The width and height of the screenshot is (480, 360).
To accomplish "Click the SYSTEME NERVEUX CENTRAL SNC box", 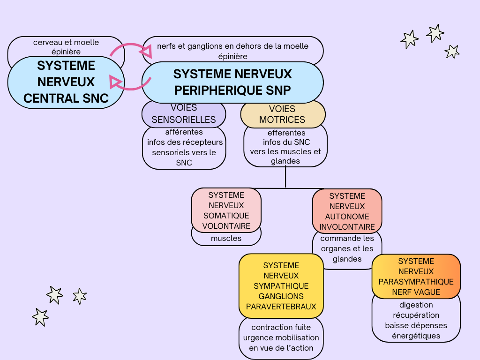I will click(66, 82).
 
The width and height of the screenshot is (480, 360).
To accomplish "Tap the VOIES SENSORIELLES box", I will click(184, 114).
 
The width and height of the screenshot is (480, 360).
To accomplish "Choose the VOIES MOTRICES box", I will click(283, 114).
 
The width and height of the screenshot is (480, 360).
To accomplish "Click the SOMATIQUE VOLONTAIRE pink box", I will click(226, 210).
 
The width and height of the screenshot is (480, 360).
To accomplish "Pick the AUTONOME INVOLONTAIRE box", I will click(347, 211).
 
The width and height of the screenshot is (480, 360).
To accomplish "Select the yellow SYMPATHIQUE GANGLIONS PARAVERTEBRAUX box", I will click(281, 286).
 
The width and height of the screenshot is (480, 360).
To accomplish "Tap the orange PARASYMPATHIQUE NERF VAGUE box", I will click(416, 277).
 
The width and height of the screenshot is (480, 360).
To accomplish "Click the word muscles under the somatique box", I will click(226, 238).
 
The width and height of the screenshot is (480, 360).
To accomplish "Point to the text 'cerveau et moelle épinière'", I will click(66, 47).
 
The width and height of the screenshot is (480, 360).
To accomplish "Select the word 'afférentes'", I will click(184, 132).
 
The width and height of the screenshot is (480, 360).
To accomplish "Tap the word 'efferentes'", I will click(286, 133).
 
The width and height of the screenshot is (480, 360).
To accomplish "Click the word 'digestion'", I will click(416, 305).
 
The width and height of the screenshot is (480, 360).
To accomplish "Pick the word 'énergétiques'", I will click(416, 336).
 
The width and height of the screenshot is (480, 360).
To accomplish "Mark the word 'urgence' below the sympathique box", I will click(258, 337).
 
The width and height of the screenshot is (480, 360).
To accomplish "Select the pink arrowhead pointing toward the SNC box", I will click(115, 82).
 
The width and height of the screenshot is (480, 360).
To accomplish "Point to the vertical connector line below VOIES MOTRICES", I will click(285, 177).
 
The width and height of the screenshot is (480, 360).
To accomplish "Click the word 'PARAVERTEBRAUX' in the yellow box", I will click(281, 307).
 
